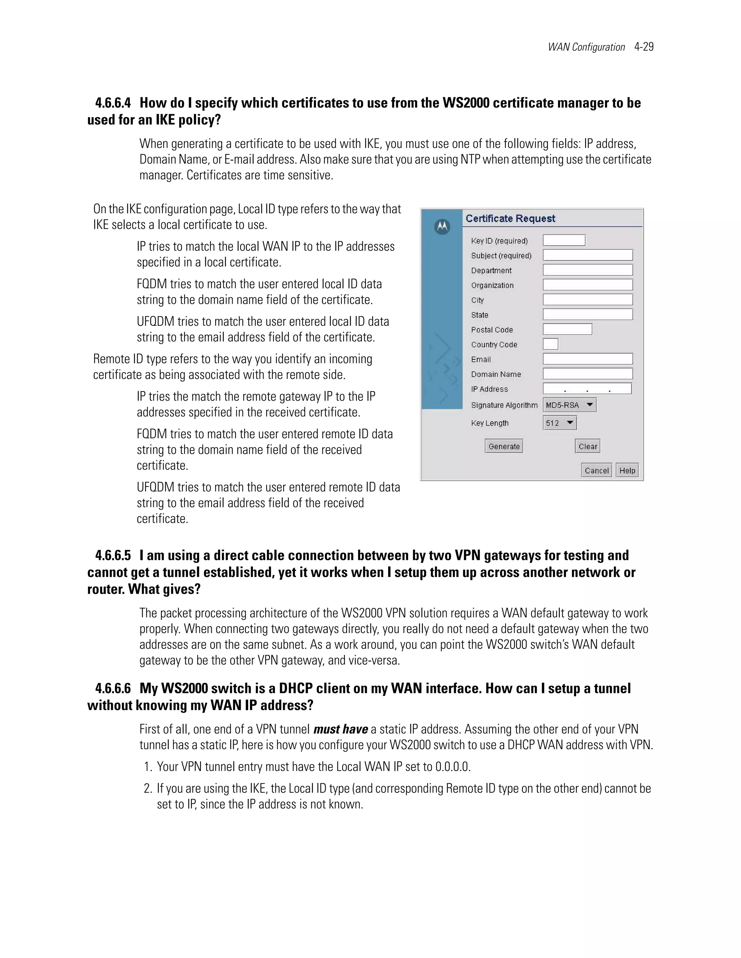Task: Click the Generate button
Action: pos(504,446)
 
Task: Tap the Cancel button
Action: pos(596,470)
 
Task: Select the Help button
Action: pos(627,470)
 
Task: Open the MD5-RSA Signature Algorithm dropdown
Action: pos(569,405)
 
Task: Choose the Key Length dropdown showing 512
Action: pos(560,423)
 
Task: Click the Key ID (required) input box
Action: pos(564,240)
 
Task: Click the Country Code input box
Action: pos(550,344)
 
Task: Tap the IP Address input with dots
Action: pos(587,389)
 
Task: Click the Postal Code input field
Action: pos(567,329)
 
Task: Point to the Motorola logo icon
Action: pos(442,226)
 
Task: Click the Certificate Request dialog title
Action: pos(510,218)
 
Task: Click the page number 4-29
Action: pos(644,47)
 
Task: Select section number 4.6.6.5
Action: pos(113,556)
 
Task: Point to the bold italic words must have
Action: pos(340,730)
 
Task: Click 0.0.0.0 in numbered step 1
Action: pos(452,767)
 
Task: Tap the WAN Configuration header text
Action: pos(586,47)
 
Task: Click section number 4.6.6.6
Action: pos(113,689)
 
